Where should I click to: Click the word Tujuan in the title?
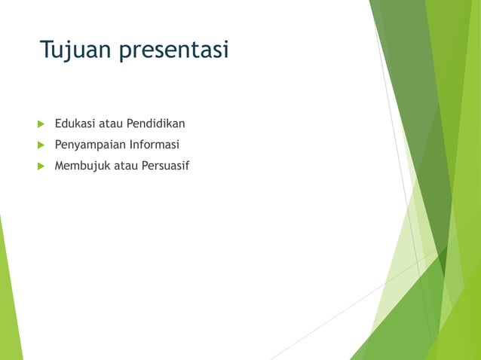[73, 50]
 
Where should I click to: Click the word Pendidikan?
[155, 123]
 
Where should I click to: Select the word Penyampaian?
[89, 144]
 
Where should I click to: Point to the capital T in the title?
[46, 50]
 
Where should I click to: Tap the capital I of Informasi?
[131, 144]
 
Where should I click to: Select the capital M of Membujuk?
[60, 165]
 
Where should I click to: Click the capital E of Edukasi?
[58, 123]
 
